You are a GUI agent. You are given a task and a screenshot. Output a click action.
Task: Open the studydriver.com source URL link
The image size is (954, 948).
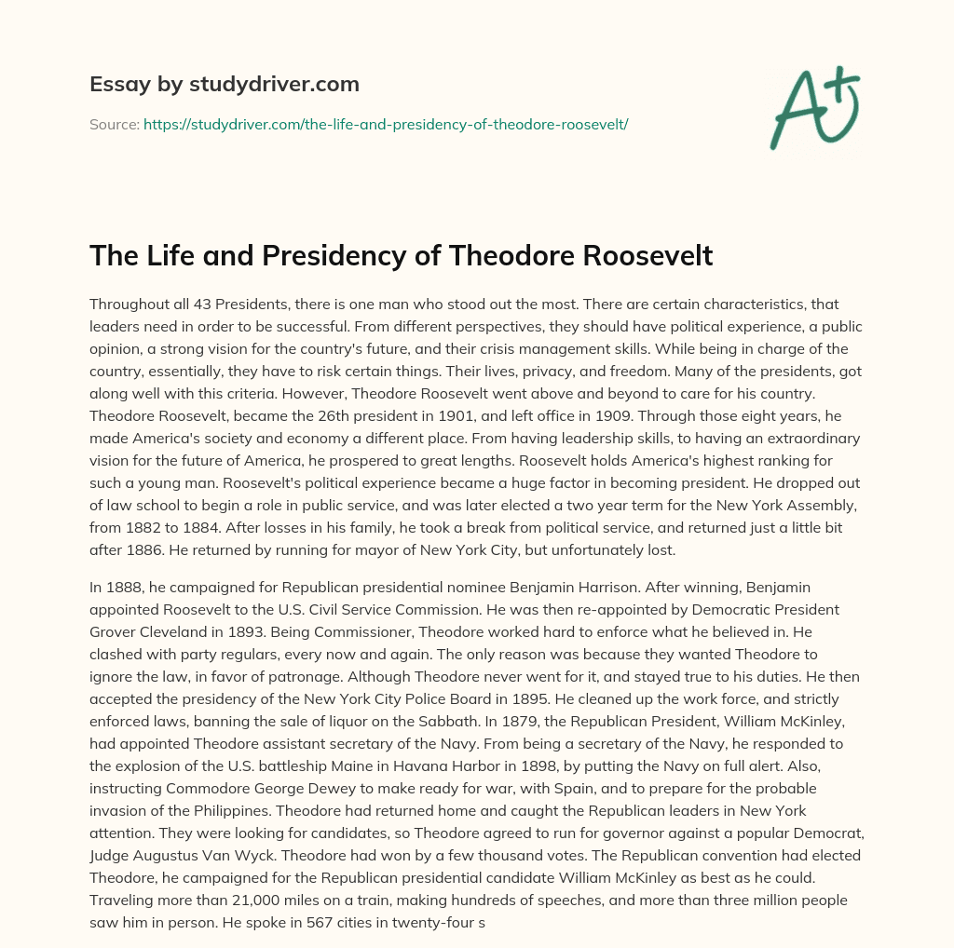click(x=386, y=124)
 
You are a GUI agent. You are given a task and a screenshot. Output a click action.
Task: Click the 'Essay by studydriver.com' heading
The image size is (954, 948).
click(x=224, y=84)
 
